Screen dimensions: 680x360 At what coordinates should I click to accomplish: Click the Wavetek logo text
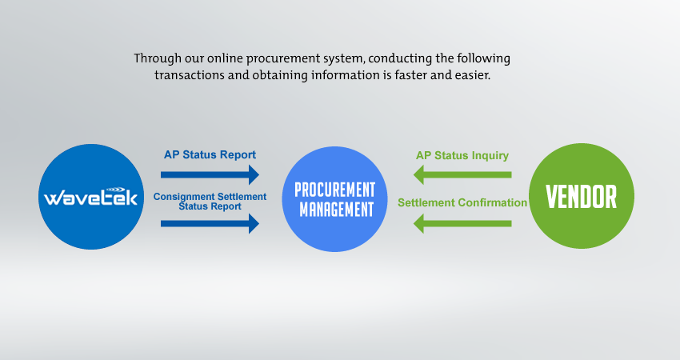90,198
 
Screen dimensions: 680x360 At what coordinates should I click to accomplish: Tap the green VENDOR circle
582,196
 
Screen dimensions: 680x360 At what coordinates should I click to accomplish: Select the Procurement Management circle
334,199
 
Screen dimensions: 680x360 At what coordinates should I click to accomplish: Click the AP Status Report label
210,155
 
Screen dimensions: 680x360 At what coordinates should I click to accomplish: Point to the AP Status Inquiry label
462,156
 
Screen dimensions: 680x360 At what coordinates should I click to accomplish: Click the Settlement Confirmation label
462,202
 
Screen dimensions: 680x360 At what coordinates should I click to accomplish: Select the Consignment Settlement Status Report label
210,202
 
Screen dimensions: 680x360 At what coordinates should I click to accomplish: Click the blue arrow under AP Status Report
210,174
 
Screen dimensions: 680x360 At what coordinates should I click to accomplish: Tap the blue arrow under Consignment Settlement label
210,224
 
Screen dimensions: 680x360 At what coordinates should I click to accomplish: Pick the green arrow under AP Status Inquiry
462,174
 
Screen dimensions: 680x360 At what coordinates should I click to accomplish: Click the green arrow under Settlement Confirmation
462,224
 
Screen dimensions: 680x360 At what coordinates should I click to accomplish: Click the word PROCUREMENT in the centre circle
334,190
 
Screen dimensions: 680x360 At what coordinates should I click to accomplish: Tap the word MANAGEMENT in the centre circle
337,210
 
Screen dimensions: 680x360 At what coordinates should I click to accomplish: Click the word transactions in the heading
190,75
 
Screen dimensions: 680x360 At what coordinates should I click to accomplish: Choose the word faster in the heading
411,75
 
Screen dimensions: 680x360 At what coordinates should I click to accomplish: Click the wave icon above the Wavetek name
115,190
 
